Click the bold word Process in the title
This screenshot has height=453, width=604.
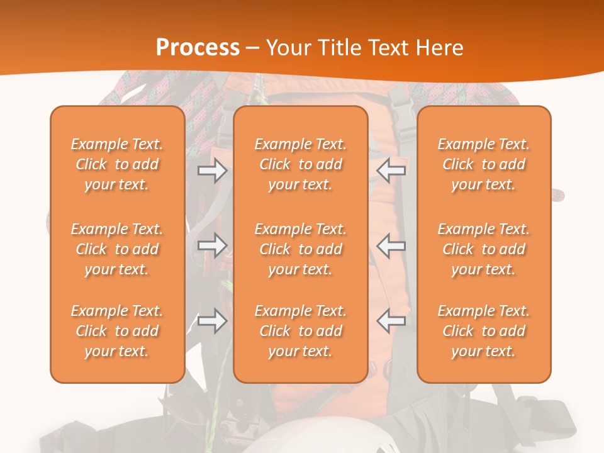click(x=198, y=47)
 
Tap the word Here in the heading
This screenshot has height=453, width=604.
click(x=438, y=48)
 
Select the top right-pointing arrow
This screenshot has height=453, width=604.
click(x=212, y=171)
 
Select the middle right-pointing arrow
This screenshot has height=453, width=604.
click(x=212, y=245)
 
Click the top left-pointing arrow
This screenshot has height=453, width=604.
click(x=391, y=171)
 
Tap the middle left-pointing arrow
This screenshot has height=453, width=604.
click(x=391, y=245)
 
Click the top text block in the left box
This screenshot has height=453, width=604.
click(x=117, y=164)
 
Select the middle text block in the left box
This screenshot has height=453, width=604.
click(x=117, y=249)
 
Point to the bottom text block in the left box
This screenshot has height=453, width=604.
click(x=117, y=331)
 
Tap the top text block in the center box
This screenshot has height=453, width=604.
click(x=301, y=164)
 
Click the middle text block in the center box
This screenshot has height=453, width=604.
click(x=301, y=249)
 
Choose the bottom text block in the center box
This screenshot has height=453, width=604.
click(x=301, y=331)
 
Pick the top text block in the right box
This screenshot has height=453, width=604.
click(x=484, y=164)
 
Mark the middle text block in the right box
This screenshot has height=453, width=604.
click(x=484, y=249)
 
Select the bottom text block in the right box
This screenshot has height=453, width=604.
click(x=484, y=331)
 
